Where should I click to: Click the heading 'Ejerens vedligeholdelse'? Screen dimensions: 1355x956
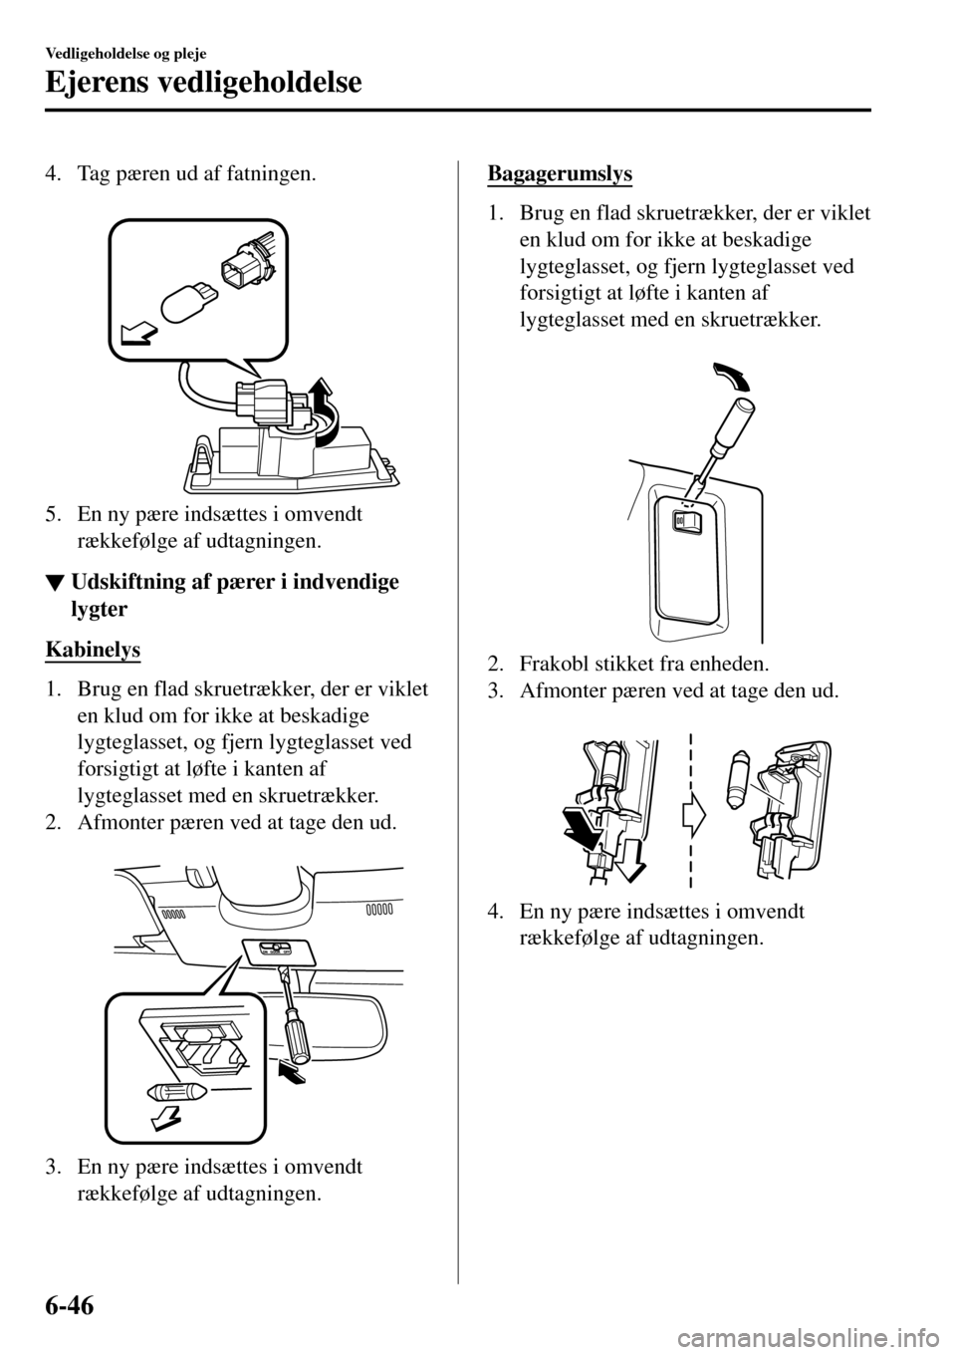tap(203, 83)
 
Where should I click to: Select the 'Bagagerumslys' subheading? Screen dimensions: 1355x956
tap(560, 173)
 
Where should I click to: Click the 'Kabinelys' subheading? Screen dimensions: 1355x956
tap(94, 651)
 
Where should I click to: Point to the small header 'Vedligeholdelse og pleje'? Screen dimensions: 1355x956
tap(124, 48)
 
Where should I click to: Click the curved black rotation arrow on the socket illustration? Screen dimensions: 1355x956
tap(324, 411)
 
